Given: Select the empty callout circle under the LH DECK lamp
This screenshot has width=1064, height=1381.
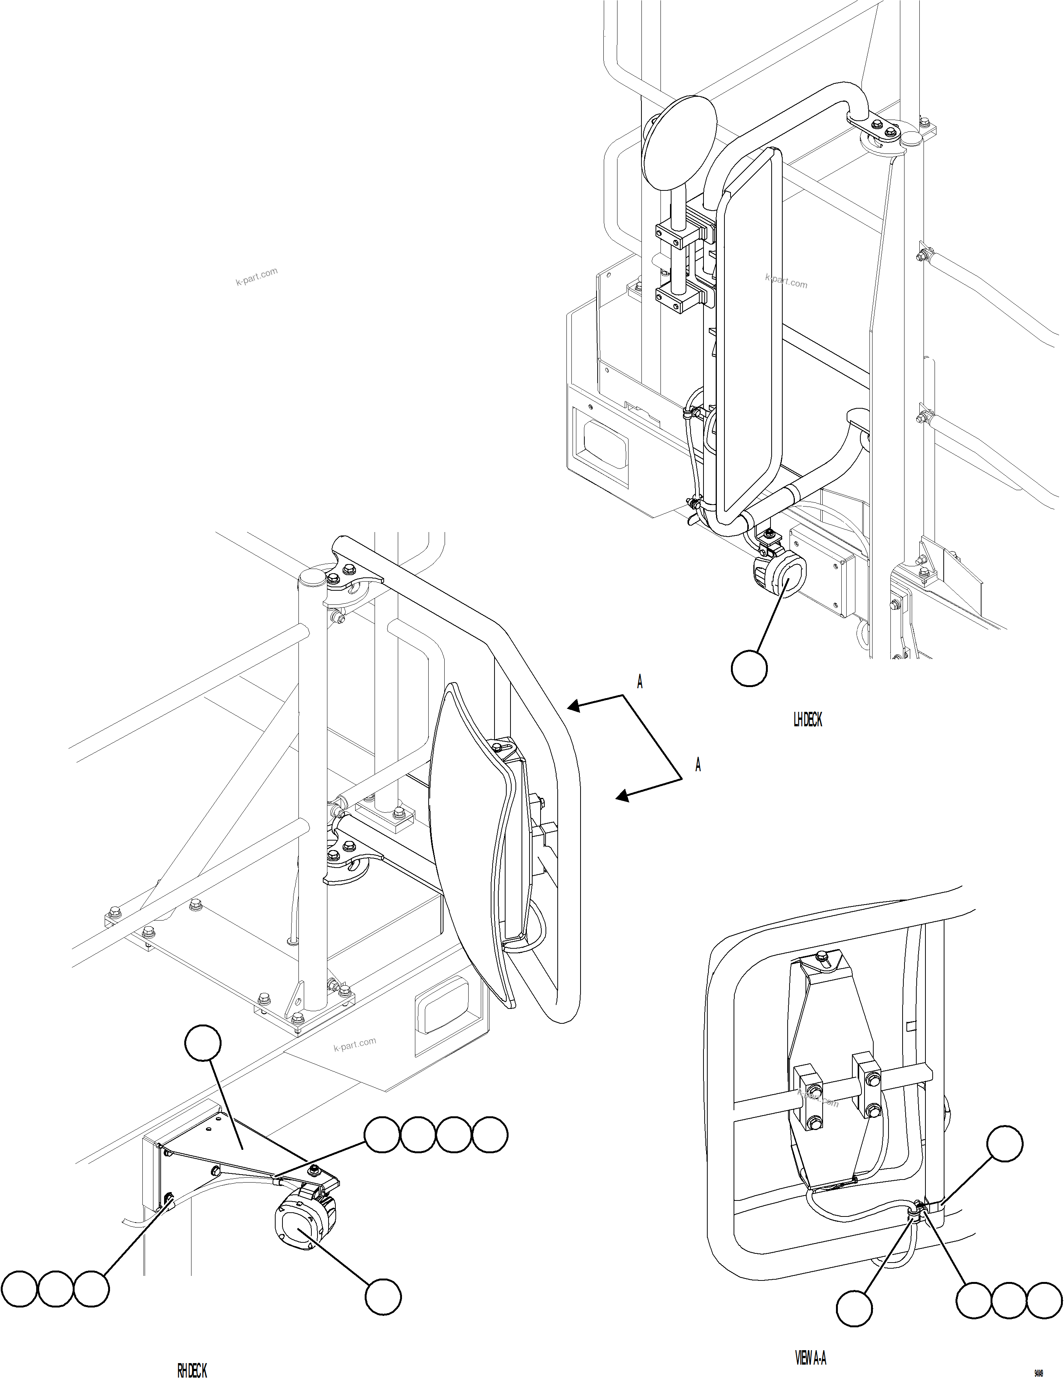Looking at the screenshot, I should pyautogui.click(x=749, y=667).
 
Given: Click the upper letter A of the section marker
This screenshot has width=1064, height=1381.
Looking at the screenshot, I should pyautogui.click(x=640, y=682).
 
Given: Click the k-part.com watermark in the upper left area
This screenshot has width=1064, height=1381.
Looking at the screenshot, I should pyautogui.click(x=257, y=277).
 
